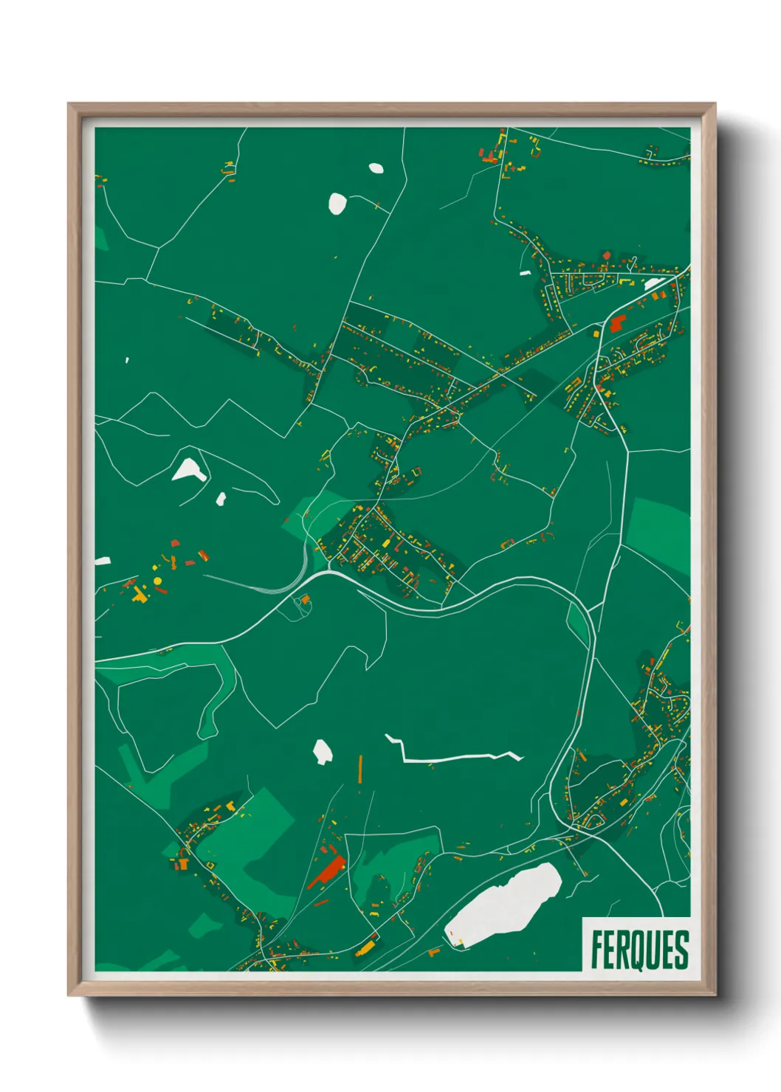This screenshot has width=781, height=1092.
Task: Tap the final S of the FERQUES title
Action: pyautogui.click(x=681, y=950)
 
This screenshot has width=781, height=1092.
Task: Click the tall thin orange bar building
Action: pyautogui.click(x=360, y=768)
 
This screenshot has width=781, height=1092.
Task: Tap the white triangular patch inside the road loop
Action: pyautogui.click(x=188, y=469)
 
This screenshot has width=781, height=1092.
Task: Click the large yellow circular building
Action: pyautogui.click(x=157, y=581)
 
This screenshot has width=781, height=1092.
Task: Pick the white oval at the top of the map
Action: pyautogui.click(x=376, y=167)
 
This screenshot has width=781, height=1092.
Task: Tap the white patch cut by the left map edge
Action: pyautogui.click(x=102, y=561)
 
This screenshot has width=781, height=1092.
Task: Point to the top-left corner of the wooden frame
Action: pyautogui.click(x=69, y=104)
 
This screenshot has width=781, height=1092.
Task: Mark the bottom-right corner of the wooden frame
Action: pyautogui.click(x=715, y=995)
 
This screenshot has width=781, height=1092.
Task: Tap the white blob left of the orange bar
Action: pyautogui.click(x=323, y=751)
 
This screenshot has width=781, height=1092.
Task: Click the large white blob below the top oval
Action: pyautogui.click(x=337, y=203)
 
